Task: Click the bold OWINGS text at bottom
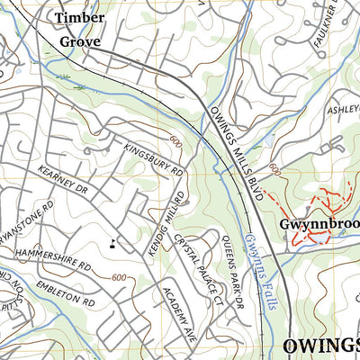(x=320, y=346)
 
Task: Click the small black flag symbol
(x=112, y=241)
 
